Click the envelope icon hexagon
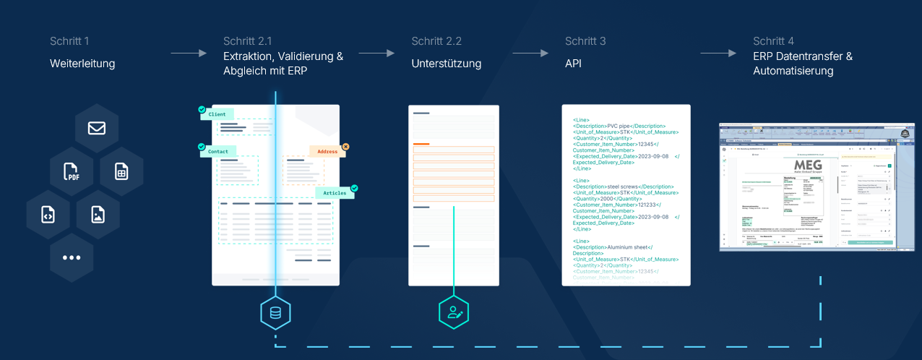tap(96, 128)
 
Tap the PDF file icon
tap(72, 171)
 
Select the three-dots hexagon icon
tap(72, 257)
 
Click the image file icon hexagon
tap(98, 215)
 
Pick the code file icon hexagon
tap(48, 215)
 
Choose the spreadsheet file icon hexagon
tap(121, 171)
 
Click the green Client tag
tap(217, 114)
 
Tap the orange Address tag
tap(327, 151)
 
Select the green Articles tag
tap(335, 193)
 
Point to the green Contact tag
tap(218, 151)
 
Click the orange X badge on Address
tap(345, 147)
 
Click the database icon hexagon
tap(275, 312)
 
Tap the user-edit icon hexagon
tap(454, 312)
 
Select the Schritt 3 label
tap(585, 41)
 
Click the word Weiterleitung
tap(82, 64)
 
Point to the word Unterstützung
tap(446, 64)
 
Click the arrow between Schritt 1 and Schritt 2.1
tap(189, 53)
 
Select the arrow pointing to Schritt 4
tap(718, 53)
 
